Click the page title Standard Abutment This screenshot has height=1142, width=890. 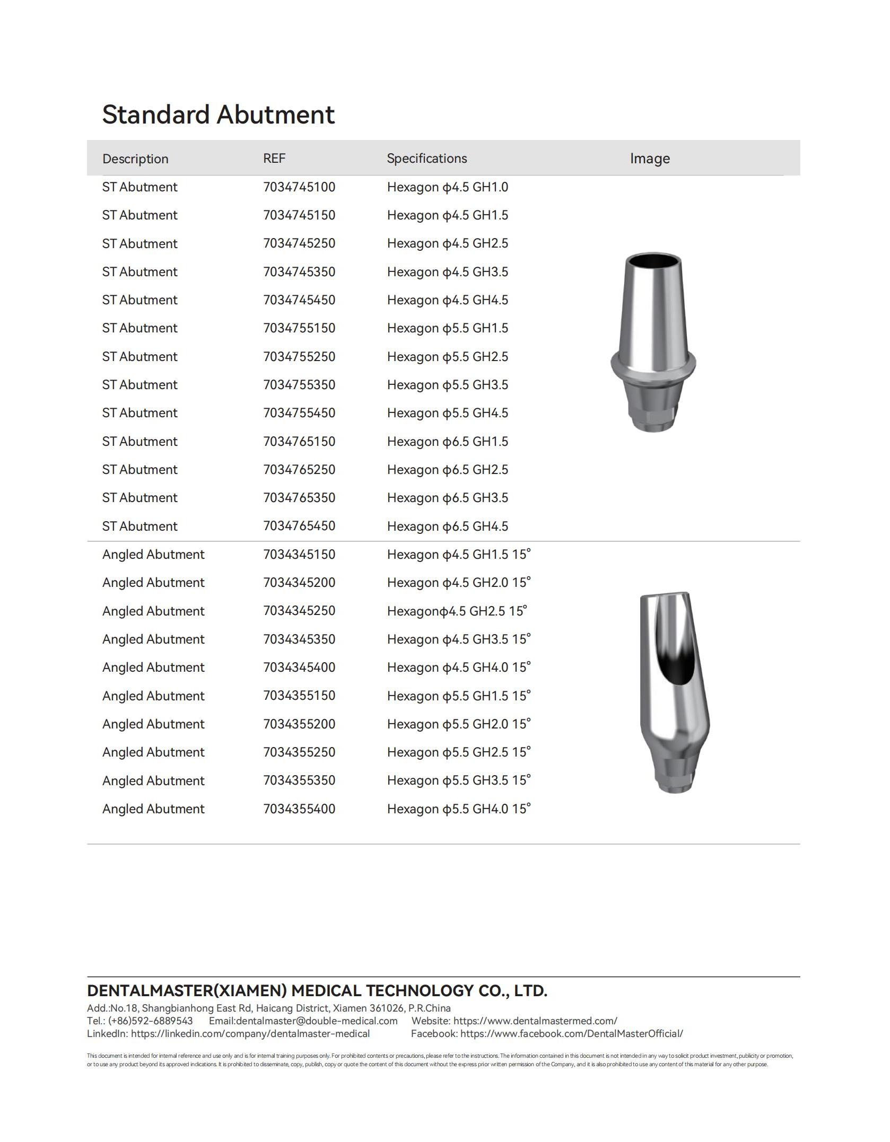coord(218,115)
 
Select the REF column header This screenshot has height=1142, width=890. coord(274,159)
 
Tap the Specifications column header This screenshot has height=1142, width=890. coord(426,159)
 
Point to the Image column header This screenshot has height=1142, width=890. coord(650,159)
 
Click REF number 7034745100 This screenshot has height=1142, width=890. coord(299,187)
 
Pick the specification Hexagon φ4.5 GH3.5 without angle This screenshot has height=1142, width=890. coord(447,272)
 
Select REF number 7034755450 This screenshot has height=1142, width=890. coord(299,413)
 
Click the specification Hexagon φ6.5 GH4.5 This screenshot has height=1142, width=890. coord(447,526)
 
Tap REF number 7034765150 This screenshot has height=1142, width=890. coord(299,442)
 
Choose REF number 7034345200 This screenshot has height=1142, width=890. coord(299,583)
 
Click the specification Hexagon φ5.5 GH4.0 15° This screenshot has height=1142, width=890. coord(459,809)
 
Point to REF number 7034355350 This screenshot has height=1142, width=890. coord(299,781)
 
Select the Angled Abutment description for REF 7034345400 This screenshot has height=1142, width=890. coord(153,667)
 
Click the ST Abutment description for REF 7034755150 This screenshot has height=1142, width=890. coord(139,328)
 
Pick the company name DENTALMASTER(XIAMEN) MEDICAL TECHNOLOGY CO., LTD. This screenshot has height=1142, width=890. coord(317,991)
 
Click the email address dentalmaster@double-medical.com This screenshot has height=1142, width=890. coord(316,1021)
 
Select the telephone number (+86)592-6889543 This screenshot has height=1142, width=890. coord(150,1021)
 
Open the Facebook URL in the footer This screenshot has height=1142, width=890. coord(571,1034)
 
